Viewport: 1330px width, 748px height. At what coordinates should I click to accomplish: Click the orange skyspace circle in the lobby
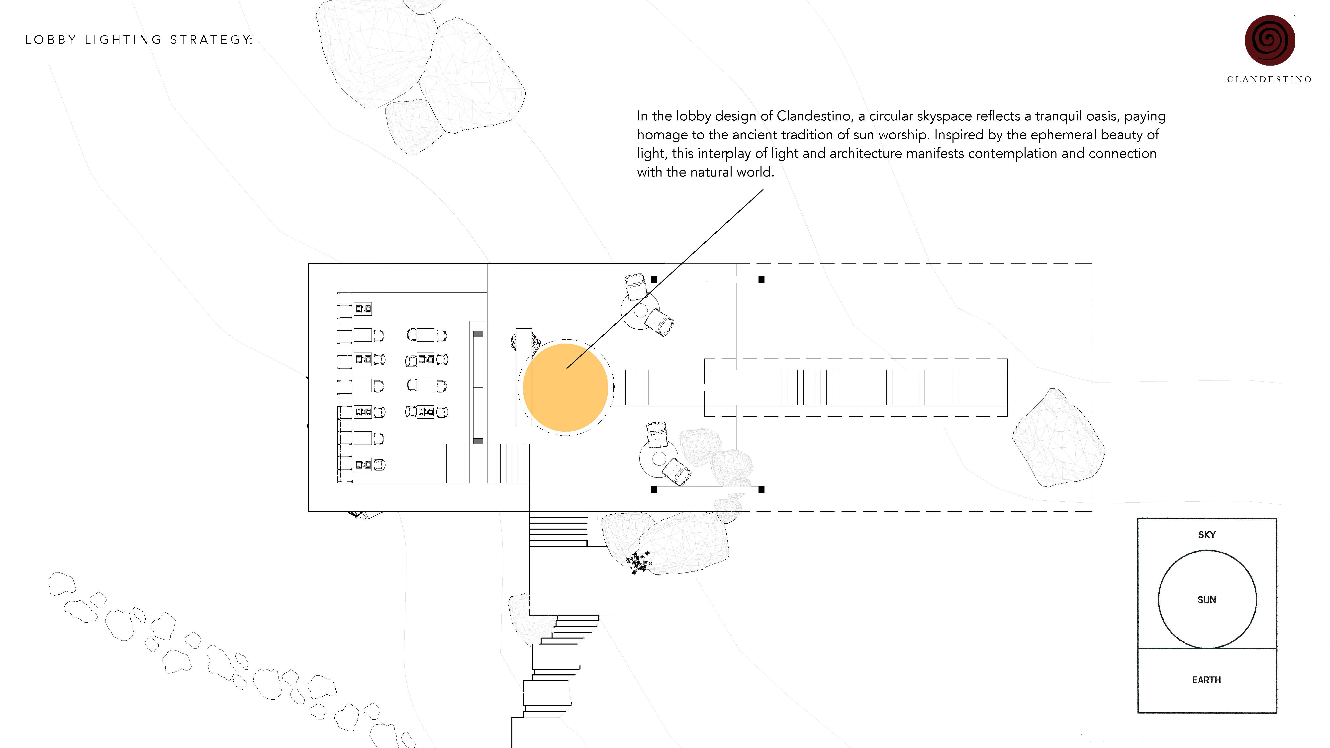(x=565, y=387)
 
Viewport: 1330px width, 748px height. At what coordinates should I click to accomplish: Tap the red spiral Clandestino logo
(x=1270, y=40)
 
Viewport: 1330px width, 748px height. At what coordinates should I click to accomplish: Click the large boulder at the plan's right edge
(x=1057, y=439)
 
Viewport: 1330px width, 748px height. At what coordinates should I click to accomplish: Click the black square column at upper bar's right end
(x=761, y=279)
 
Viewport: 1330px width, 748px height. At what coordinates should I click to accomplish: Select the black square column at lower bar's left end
(x=654, y=489)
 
